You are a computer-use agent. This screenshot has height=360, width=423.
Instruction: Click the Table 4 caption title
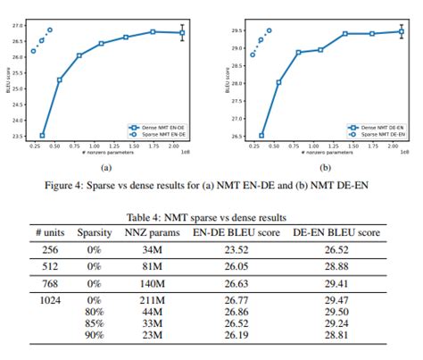(211, 217)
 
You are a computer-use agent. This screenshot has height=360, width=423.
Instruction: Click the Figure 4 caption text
(211, 185)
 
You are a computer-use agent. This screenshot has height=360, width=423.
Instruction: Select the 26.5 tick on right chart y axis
(235, 137)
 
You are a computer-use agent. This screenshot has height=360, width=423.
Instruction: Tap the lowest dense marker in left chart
(42, 136)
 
